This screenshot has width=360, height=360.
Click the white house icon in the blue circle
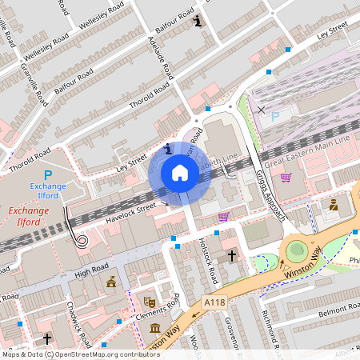180,173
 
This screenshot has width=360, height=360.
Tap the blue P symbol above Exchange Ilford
48,175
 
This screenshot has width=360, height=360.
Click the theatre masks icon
148,302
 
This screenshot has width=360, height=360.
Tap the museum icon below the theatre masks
154,329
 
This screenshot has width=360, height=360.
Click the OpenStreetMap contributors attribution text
103,354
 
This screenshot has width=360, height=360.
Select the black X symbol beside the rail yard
261,110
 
